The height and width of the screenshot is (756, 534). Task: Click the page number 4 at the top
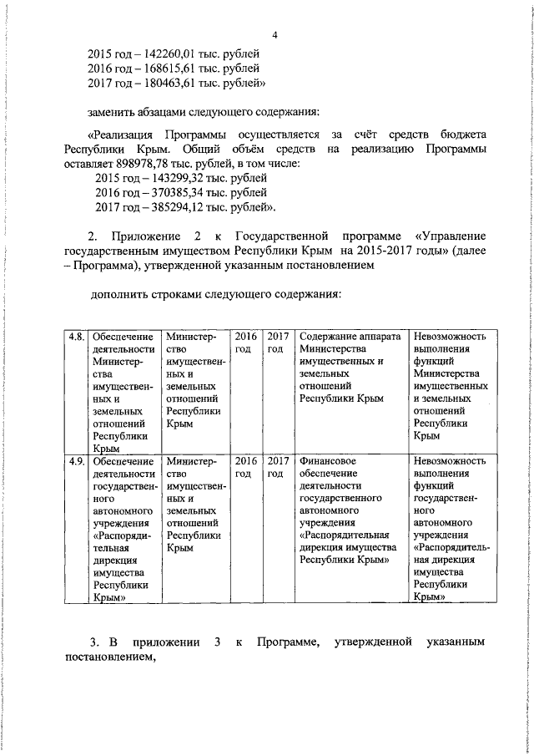(275, 34)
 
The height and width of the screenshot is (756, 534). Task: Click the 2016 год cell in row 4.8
(245, 342)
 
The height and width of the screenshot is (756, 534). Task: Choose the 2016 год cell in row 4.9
(245, 467)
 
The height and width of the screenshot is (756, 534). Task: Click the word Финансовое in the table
(328, 461)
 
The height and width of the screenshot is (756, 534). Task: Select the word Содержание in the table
(329, 336)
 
